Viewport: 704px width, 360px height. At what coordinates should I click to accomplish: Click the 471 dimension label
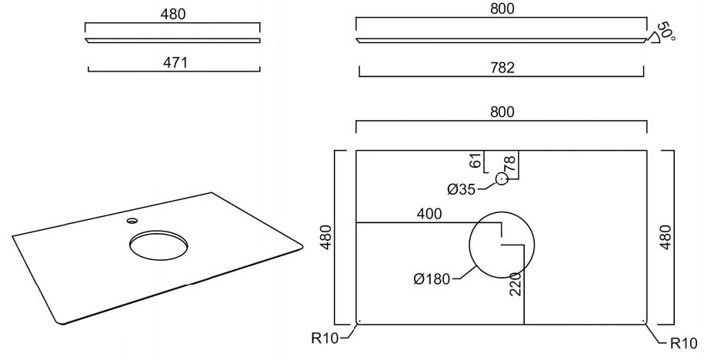tap(175, 63)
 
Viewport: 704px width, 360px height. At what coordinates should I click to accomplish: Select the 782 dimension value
tap(502, 68)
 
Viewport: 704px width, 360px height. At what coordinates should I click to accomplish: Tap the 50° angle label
tap(667, 31)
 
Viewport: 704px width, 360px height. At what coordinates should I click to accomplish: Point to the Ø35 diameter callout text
tap(461, 190)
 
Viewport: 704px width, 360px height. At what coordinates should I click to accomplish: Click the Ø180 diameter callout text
tap(432, 279)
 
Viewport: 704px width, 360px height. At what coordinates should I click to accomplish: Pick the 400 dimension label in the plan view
tap(429, 214)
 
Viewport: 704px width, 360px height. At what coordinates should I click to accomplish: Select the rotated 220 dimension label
tap(515, 284)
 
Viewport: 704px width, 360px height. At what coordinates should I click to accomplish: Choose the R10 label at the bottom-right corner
tap(684, 344)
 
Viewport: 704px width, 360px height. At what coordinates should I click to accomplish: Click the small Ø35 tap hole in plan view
tap(502, 179)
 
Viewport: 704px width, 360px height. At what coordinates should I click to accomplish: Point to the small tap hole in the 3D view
tap(132, 221)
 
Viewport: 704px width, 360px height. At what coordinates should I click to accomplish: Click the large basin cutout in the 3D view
tap(158, 245)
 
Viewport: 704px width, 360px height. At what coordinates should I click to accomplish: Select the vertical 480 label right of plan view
tap(666, 237)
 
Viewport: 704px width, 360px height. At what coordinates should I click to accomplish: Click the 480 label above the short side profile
tap(173, 15)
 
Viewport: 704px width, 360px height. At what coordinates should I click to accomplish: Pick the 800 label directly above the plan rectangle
tap(502, 112)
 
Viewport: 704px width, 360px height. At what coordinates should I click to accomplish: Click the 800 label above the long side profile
tap(502, 8)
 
